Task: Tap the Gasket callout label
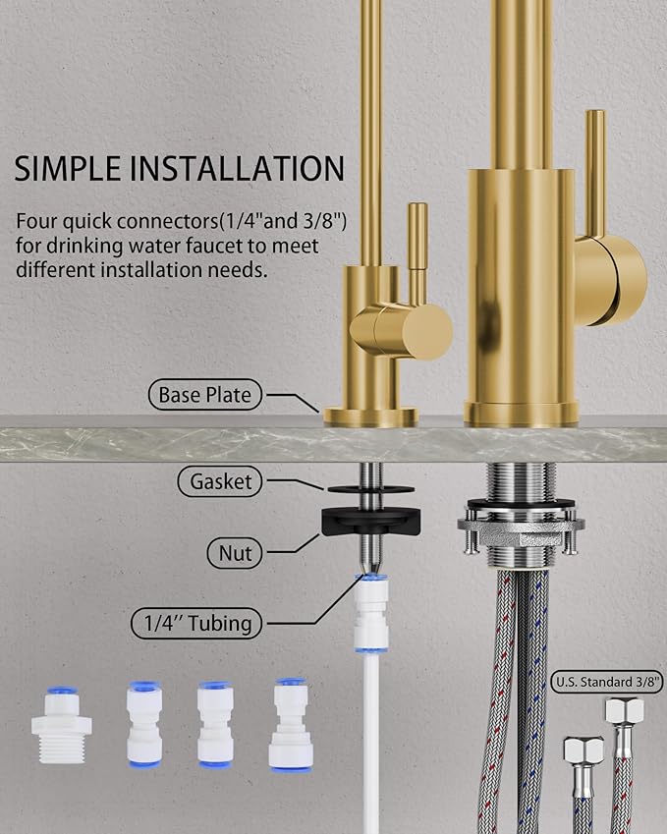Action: click(x=221, y=481)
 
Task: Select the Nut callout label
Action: click(x=234, y=554)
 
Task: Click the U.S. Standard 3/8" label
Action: click(x=607, y=680)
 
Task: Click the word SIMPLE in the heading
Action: click(x=66, y=169)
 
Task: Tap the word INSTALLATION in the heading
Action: click(x=238, y=169)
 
